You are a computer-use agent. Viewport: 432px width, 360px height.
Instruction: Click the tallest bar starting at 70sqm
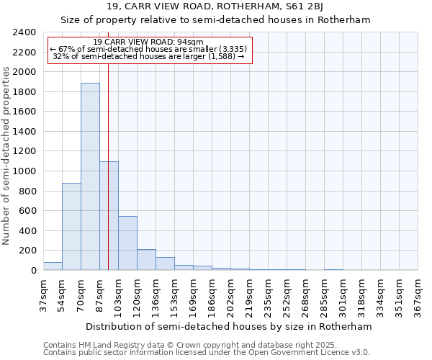pos(90,176)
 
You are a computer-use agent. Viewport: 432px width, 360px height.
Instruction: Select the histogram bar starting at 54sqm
pos(71,226)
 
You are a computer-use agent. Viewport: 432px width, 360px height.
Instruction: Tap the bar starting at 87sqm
pos(109,216)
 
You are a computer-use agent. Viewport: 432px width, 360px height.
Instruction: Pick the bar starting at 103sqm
pos(127,243)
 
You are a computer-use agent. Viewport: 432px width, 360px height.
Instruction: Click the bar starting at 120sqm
pos(146,260)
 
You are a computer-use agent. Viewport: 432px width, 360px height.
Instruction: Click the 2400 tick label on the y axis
pos(24,32)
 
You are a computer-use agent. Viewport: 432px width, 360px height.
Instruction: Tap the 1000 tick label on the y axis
pos(24,171)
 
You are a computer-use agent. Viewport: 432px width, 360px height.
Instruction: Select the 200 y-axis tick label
pos(27,251)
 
